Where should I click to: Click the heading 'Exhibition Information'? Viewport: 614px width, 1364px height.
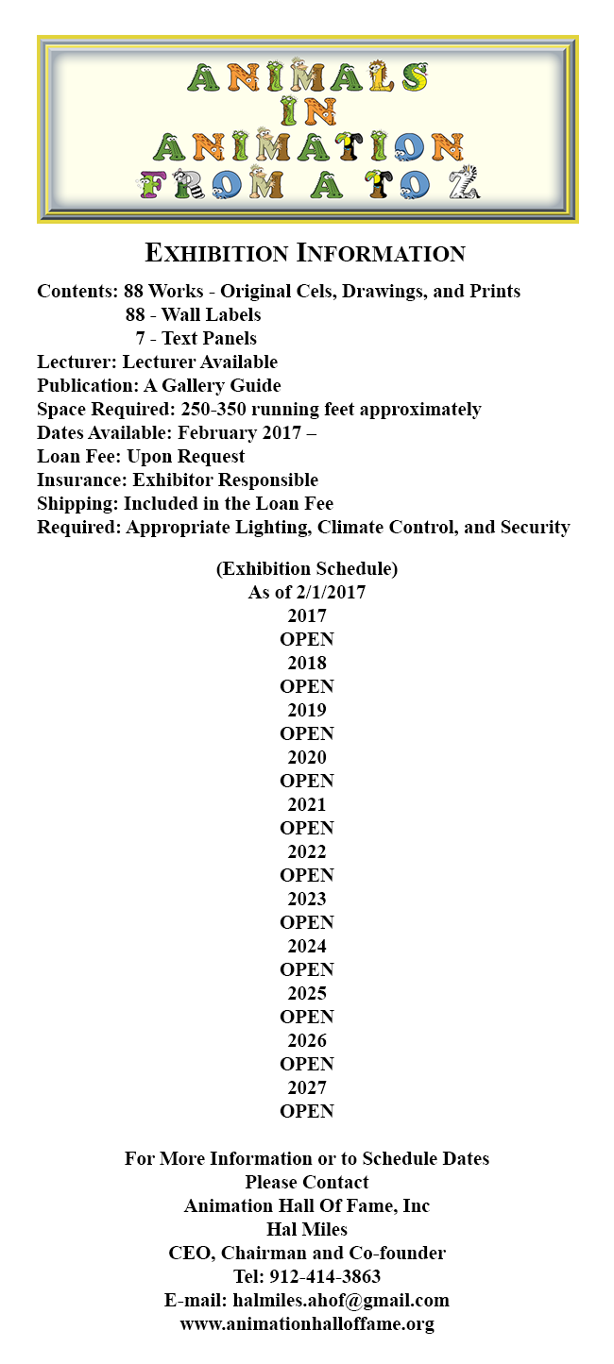305,253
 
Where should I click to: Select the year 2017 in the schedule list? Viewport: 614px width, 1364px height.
307,615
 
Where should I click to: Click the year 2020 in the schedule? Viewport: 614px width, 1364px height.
307,757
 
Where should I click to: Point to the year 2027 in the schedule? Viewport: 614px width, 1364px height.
307,1087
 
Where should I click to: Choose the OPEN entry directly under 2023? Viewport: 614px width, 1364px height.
307,922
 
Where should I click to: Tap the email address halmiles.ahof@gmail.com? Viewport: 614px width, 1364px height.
341,1300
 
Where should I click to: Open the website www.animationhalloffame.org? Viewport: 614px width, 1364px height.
307,1323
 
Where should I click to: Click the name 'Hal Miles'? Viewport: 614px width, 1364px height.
307,1229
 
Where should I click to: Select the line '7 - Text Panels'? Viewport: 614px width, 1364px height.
196,338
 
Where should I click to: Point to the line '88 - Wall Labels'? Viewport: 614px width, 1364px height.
193,314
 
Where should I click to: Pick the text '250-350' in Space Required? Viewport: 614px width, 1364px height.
212,409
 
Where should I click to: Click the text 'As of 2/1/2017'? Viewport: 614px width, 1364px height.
307,592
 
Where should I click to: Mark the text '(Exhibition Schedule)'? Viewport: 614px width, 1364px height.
307,568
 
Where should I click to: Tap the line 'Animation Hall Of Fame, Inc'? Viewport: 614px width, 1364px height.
307,1205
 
